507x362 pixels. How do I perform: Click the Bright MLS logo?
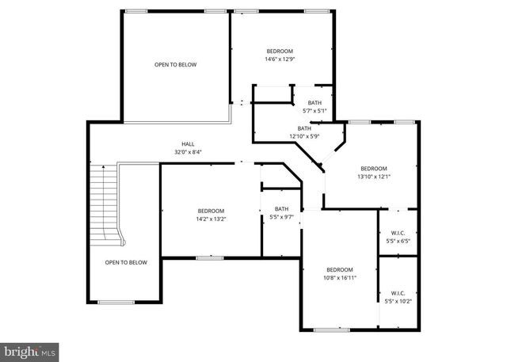(30, 349)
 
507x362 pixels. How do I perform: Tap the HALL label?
(188, 144)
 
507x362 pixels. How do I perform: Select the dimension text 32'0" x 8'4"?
(188, 152)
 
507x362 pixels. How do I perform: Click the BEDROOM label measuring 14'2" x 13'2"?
(212, 211)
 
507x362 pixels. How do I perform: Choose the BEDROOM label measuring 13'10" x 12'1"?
(374, 168)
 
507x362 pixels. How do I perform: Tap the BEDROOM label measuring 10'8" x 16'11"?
(340, 269)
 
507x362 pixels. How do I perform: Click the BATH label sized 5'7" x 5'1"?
(315, 103)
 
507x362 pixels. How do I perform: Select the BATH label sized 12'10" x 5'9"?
(304, 128)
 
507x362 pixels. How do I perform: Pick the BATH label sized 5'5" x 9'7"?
(281, 208)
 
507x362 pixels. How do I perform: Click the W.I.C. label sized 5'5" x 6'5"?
(398, 232)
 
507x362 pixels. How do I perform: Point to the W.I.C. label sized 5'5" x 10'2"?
(398, 293)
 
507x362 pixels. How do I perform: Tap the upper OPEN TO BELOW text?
(175, 65)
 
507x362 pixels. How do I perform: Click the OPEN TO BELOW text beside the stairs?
(126, 262)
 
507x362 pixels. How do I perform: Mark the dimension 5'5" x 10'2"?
(398, 301)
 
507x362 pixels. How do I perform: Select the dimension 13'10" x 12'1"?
(374, 177)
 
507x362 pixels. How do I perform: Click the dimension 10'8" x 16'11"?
(340, 278)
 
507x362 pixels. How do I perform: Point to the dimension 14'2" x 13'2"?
(212, 219)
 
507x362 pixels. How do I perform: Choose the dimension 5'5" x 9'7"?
(281, 216)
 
